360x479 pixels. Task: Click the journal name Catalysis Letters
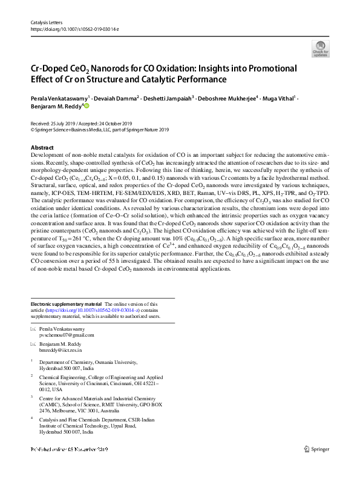coord(47,22)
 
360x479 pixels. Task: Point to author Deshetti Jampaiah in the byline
coord(171,97)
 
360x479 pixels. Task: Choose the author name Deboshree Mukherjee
coord(229,97)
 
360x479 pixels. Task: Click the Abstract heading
coord(42,148)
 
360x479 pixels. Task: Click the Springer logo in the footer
coord(317,449)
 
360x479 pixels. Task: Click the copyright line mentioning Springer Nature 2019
coord(100,129)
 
